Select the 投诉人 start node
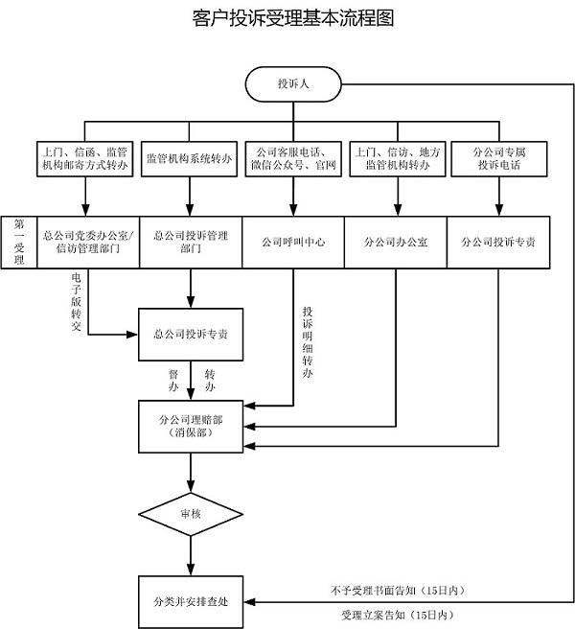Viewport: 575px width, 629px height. tap(292, 82)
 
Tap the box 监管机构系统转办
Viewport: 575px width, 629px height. tap(189, 159)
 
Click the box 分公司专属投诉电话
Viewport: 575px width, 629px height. tap(498, 159)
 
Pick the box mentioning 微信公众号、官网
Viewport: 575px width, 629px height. tap(292, 159)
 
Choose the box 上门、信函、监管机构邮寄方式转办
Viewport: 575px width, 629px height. tap(86, 159)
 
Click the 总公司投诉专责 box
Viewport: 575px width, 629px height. tap(191, 335)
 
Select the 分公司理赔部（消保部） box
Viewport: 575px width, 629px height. tap(191, 427)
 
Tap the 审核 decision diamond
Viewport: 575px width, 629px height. tap(191, 514)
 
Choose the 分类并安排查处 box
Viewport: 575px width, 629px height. tap(191, 602)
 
